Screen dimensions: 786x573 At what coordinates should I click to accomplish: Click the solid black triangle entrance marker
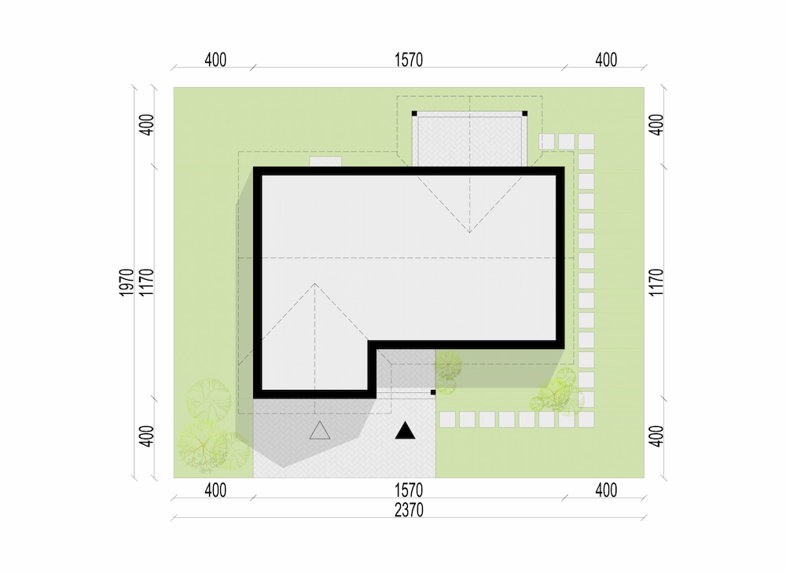(x=405, y=431)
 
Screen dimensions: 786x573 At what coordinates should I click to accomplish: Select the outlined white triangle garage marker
(x=320, y=431)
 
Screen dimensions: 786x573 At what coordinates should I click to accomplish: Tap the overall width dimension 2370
(x=409, y=510)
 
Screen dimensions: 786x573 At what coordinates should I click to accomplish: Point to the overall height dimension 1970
(x=127, y=282)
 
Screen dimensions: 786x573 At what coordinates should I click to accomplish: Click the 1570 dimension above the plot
(x=409, y=61)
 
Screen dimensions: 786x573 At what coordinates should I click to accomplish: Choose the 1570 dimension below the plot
(x=409, y=490)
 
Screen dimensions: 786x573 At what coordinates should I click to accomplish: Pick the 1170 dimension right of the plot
(x=656, y=282)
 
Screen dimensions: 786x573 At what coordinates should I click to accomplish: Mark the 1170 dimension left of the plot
(x=146, y=282)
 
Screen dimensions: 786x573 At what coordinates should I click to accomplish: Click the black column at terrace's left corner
(x=414, y=114)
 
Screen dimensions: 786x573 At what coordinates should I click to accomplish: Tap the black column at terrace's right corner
(x=525, y=114)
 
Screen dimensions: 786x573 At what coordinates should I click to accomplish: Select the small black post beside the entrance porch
(x=433, y=392)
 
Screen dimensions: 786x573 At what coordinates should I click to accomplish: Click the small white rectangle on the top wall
(x=326, y=162)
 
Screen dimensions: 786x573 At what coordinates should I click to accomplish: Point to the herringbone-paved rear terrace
(x=470, y=141)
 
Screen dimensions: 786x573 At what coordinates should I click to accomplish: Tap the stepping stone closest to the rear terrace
(x=547, y=141)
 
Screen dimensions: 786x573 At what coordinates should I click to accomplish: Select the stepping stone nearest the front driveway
(x=448, y=420)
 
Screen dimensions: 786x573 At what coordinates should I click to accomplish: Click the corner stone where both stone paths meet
(x=586, y=420)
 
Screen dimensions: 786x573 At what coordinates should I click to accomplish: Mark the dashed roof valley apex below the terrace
(x=470, y=233)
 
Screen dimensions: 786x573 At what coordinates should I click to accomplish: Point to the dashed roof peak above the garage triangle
(x=315, y=284)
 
